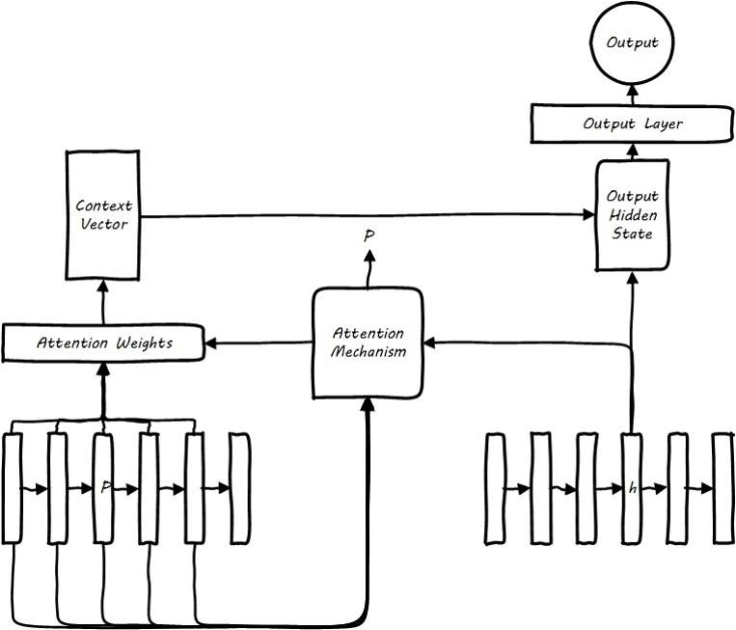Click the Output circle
[632, 42]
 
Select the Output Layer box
[633, 123]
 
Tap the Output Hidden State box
[633, 214]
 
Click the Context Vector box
[102, 214]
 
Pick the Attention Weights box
[103, 342]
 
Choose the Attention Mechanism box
[368, 342]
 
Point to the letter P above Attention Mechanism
[368, 235]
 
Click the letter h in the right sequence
[633, 489]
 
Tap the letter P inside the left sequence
[104, 488]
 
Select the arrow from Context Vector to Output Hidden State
[367, 215]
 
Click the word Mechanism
[368, 351]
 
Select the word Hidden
[633, 215]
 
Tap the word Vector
[102, 224]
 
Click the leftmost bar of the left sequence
[13, 487]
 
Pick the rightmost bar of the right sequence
[723, 488]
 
